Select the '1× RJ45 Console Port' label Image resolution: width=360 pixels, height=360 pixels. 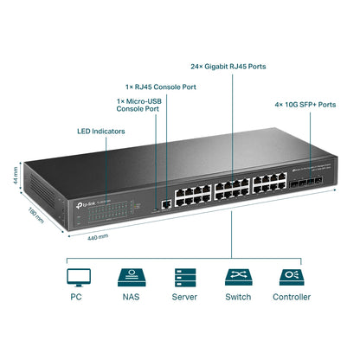161,87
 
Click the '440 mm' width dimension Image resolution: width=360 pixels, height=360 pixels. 98,235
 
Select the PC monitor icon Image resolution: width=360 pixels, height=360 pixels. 78,276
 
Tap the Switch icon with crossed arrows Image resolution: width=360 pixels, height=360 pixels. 236,276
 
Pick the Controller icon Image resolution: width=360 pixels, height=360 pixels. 291,276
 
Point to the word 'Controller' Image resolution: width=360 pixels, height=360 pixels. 291,298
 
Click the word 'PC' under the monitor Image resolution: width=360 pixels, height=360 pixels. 78,298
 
